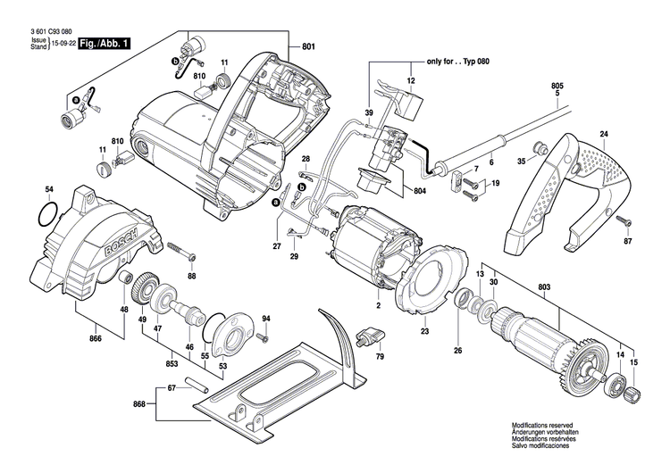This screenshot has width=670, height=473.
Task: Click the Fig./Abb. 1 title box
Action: coord(105,43)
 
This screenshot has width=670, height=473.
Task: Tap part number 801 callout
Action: coord(308,47)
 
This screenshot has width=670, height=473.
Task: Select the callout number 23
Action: coord(424,332)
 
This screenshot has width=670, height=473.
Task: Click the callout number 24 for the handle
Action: coord(604,135)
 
